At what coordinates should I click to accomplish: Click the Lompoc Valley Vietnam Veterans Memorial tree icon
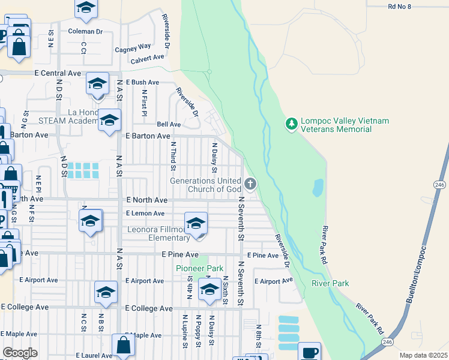292,124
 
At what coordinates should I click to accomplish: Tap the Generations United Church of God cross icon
250,184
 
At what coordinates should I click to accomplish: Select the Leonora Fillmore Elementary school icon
196,224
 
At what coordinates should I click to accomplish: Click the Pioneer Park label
199,268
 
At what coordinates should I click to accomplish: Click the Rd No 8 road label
400,6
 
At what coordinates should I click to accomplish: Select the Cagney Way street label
133,46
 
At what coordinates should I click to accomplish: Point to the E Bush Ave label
142,82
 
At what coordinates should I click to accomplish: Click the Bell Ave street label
169,124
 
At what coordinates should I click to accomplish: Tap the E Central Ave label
58,73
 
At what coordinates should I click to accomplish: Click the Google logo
20,353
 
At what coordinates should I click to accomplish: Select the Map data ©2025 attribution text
423,355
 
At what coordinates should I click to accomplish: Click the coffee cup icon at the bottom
309,352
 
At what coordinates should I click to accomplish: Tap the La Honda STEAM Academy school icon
109,121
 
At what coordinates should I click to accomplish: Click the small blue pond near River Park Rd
318,188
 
